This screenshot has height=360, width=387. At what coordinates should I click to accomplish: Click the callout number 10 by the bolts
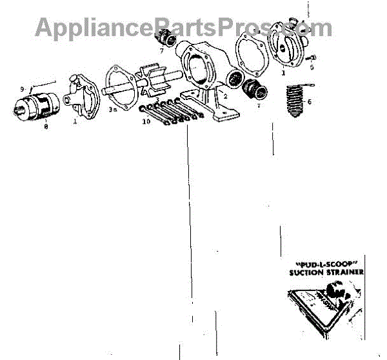[146, 121]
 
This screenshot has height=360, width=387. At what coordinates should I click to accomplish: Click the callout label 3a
[113, 110]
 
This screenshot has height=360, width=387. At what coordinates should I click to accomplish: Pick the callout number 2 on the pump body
[225, 96]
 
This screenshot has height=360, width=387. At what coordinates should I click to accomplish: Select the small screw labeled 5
[310, 57]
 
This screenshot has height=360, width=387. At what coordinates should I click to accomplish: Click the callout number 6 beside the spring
[310, 101]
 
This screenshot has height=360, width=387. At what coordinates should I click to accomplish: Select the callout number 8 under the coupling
[46, 128]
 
